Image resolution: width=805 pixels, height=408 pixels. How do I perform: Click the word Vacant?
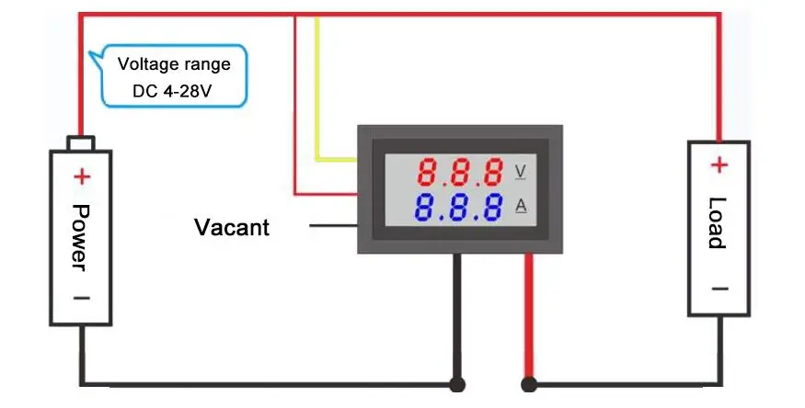pos(232,226)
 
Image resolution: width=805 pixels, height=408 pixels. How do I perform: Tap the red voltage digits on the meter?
pos(459,171)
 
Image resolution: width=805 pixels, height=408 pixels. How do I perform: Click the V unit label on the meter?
pos(521,171)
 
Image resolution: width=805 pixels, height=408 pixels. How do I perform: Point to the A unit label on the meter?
pos(521,207)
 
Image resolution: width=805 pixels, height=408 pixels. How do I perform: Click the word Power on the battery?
pos(80,236)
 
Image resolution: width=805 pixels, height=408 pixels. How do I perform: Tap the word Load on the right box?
pos(718,223)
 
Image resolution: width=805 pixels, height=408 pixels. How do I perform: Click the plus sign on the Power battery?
pos(82,176)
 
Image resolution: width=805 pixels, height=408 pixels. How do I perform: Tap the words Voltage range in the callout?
pos(173,65)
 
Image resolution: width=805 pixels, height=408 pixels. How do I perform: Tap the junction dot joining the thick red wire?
pos(529,384)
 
